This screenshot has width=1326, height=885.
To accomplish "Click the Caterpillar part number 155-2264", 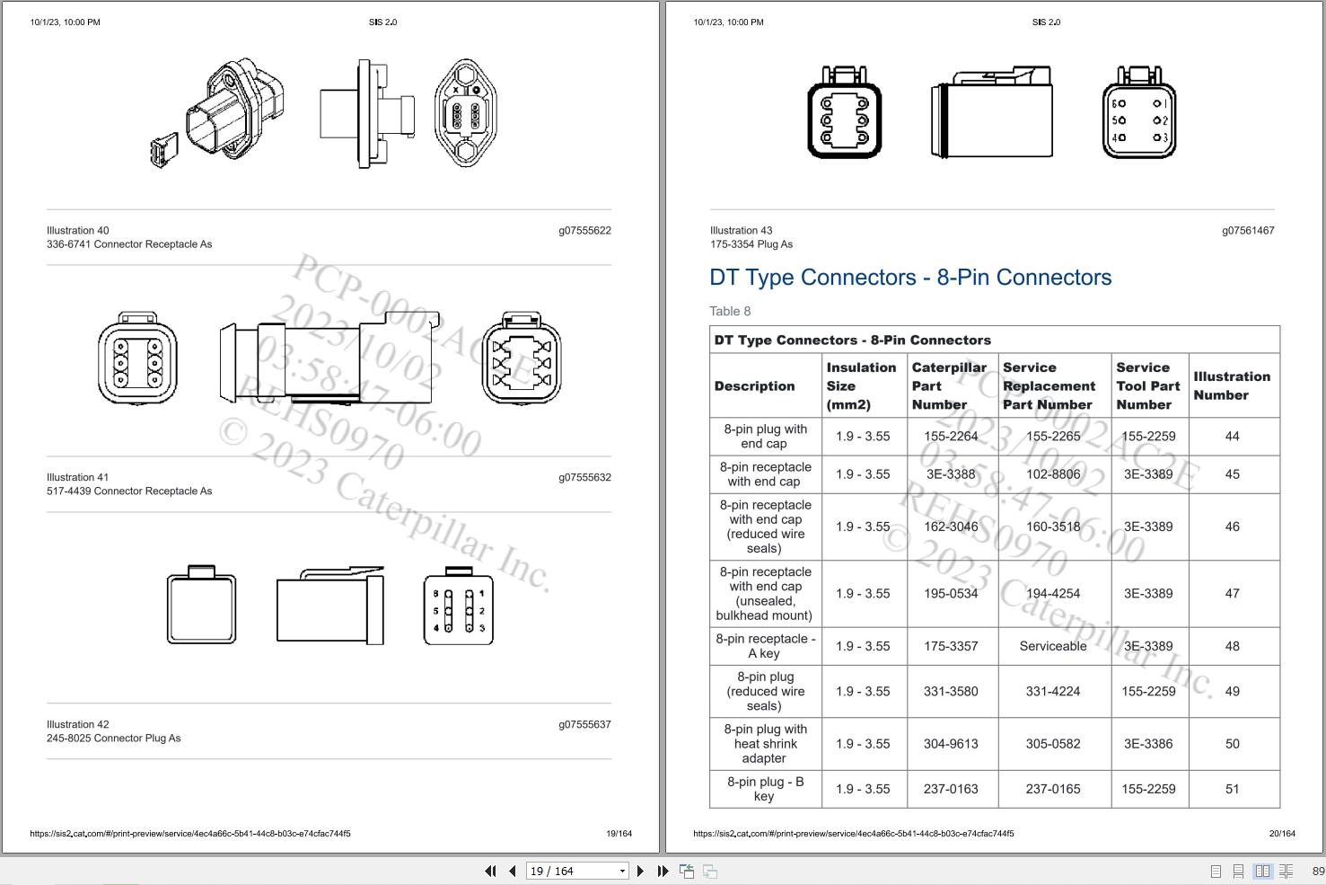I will click(951, 437).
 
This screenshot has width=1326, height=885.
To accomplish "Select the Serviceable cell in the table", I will click(1053, 646).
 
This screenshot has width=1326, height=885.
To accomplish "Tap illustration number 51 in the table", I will click(1232, 789).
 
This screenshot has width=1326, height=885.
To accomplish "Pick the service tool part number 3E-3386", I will click(1148, 744).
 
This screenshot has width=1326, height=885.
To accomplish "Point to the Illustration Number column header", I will click(1231, 385).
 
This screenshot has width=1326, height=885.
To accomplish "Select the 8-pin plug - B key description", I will click(765, 789).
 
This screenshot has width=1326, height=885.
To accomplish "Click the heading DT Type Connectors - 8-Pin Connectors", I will click(910, 278).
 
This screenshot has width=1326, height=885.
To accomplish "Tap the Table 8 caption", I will click(730, 311).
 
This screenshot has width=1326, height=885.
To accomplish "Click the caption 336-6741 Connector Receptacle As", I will click(129, 244).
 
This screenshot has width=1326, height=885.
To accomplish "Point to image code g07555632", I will click(584, 477).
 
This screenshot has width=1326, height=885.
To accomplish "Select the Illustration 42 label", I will click(78, 724).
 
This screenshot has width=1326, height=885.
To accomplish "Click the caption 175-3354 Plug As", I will click(751, 244).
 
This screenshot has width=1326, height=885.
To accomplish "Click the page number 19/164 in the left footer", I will click(619, 833).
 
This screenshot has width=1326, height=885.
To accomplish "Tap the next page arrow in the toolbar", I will click(640, 871).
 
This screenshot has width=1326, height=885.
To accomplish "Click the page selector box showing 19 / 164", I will click(576, 871).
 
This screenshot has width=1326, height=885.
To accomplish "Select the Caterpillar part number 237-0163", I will click(951, 789).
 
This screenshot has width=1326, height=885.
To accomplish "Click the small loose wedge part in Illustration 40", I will click(164, 150).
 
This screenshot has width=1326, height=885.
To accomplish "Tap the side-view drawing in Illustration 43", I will click(992, 113).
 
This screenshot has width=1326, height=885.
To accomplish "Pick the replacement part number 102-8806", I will click(1053, 474).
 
